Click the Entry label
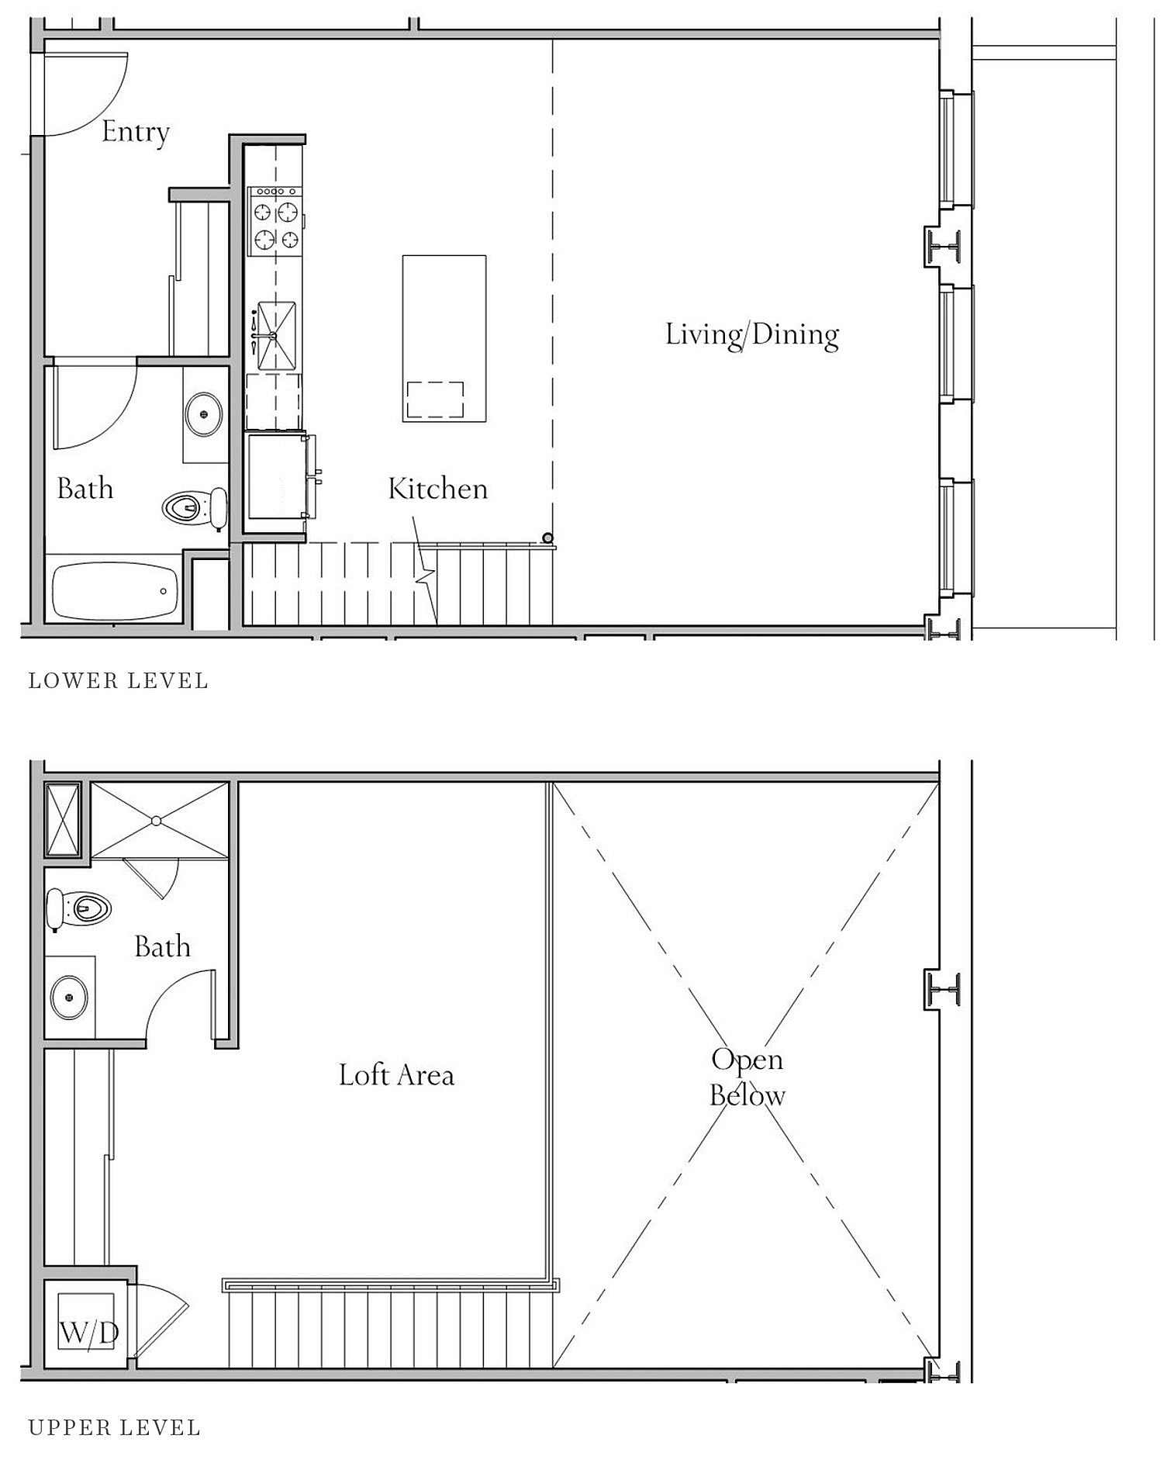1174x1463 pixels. click(x=136, y=132)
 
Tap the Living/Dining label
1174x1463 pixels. click(x=752, y=334)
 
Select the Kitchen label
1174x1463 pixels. click(x=438, y=489)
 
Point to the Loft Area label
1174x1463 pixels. click(x=396, y=1075)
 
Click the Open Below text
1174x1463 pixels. click(x=748, y=1077)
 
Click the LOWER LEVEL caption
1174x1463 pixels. click(x=119, y=681)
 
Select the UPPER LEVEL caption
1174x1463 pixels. click(x=115, y=1427)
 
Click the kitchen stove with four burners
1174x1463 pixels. click(x=275, y=221)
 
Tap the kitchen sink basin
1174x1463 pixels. click(x=277, y=335)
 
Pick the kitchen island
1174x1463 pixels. click(x=444, y=338)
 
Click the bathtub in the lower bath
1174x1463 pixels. click(x=115, y=591)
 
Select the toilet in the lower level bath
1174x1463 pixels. click(x=195, y=508)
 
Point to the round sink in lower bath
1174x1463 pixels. click(x=204, y=412)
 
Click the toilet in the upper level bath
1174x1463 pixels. click(x=78, y=908)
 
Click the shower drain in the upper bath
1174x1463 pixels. click(x=156, y=820)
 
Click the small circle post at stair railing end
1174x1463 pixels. click(x=548, y=538)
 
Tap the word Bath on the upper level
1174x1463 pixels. click(x=162, y=946)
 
